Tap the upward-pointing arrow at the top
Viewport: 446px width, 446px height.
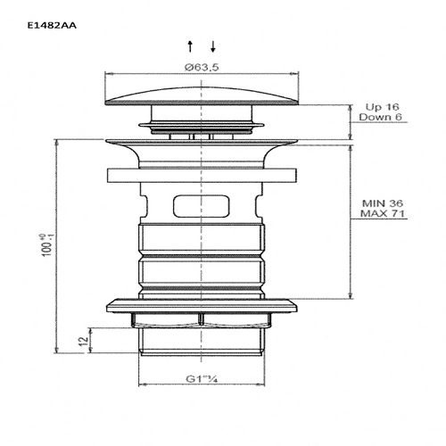(191, 45)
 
